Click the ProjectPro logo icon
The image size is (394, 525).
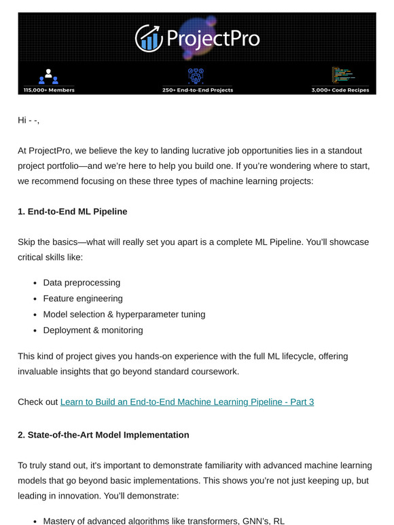coord(149,38)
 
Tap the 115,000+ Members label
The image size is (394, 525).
coord(49,90)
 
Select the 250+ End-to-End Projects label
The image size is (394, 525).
coord(198,90)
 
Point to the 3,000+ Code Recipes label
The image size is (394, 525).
coord(344,90)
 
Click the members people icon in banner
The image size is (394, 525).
coord(49,77)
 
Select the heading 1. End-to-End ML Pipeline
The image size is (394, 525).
coord(72,212)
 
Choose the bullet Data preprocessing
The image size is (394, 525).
coord(82,282)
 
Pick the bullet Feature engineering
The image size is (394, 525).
coord(83,298)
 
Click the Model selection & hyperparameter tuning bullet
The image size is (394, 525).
coord(124,314)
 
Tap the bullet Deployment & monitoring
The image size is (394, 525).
coord(93,330)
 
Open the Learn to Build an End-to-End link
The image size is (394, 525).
coord(187,402)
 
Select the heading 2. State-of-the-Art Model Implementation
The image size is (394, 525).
coord(103,434)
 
